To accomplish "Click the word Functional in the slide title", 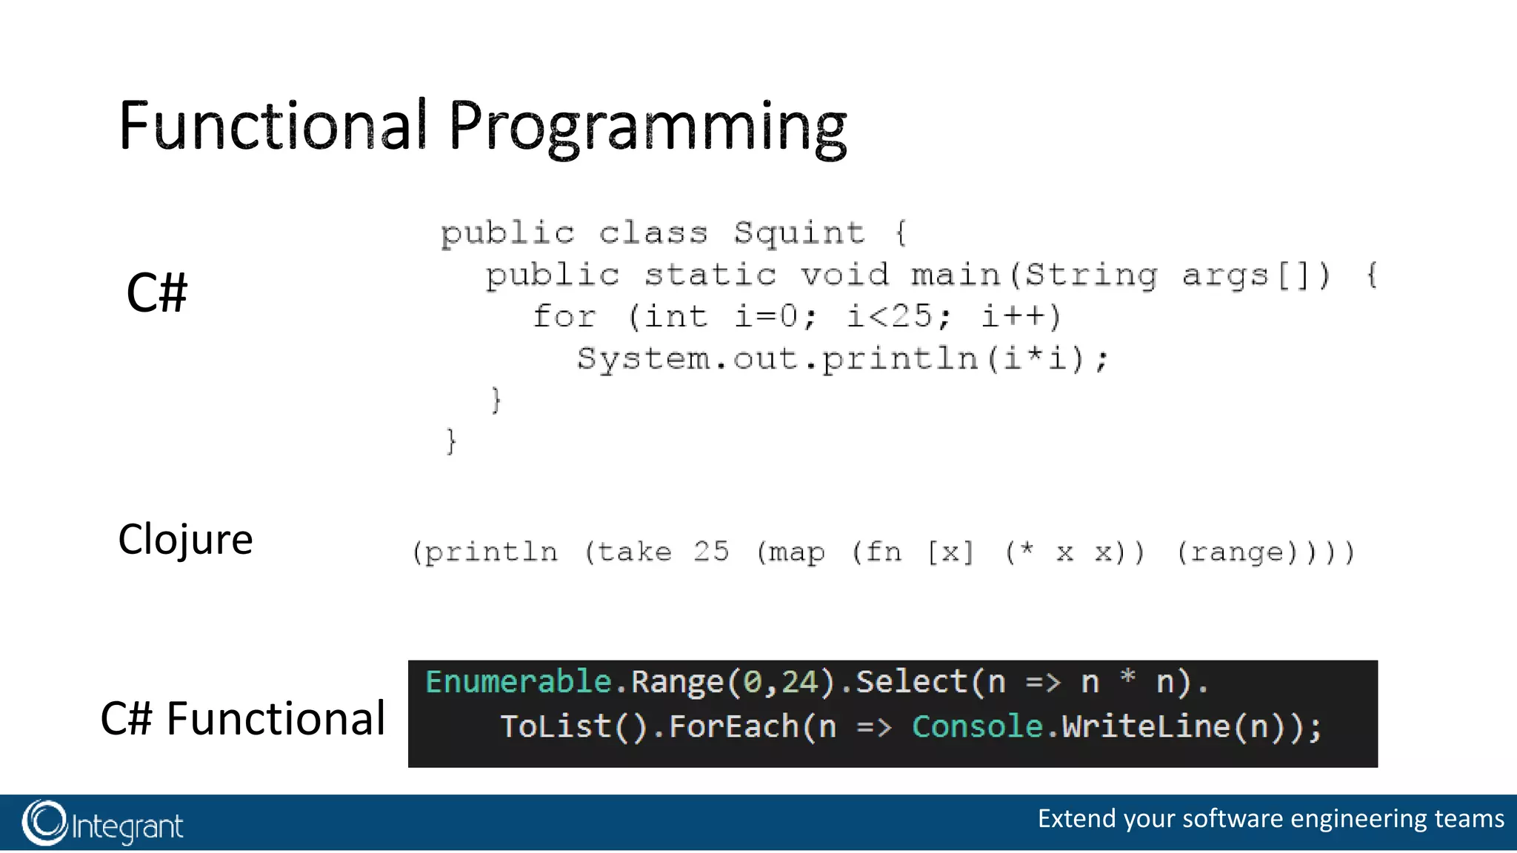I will pyautogui.click(x=273, y=126).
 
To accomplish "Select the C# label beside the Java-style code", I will pyautogui.click(x=157, y=292).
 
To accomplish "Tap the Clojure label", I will pyautogui.click(x=185, y=539).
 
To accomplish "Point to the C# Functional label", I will pyautogui.click(x=243, y=718).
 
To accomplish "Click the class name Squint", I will pyautogui.click(x=798, y=233).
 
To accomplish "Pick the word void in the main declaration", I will pyautogui.click(x=844, y=275).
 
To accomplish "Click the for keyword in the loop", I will pyautogui.click(x=564, y=317).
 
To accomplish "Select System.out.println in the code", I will pyautogui.click(x=778, y=360).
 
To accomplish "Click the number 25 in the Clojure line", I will pyautogui.click(x=711, y=552).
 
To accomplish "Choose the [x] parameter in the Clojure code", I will pyautogui.click(x=951, y=552).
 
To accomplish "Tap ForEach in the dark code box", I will pyautogui.click(x=733, y=726).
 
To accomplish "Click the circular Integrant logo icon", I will pyautogui.click(x=44, y=823).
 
